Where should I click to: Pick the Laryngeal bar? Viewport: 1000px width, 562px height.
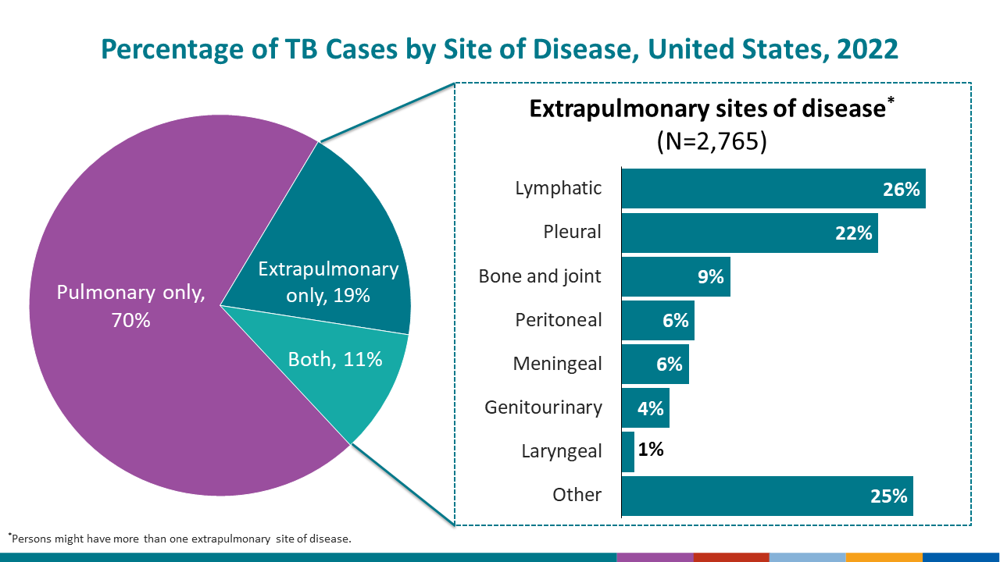(x=628, y=452)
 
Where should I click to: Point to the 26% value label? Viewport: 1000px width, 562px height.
(x=901, y=189)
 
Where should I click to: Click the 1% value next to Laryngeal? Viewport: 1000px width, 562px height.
(x=651, y=450)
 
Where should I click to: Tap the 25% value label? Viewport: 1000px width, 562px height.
(x=888, y=496)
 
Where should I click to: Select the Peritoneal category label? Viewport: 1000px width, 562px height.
(x=559, y=320)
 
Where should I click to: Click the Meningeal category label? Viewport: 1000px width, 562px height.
(x=557, y=364)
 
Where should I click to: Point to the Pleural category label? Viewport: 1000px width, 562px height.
(x=573, y=232)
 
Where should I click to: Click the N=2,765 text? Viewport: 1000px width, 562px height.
(x=711, y=141)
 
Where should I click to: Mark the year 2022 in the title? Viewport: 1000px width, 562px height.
(x=866, y=49)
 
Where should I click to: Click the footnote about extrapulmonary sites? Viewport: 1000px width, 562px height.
(x=180, y=539)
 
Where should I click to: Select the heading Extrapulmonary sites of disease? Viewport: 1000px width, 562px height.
(x=706, y=108)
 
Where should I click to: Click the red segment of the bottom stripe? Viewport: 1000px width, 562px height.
(x=730, y=557)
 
